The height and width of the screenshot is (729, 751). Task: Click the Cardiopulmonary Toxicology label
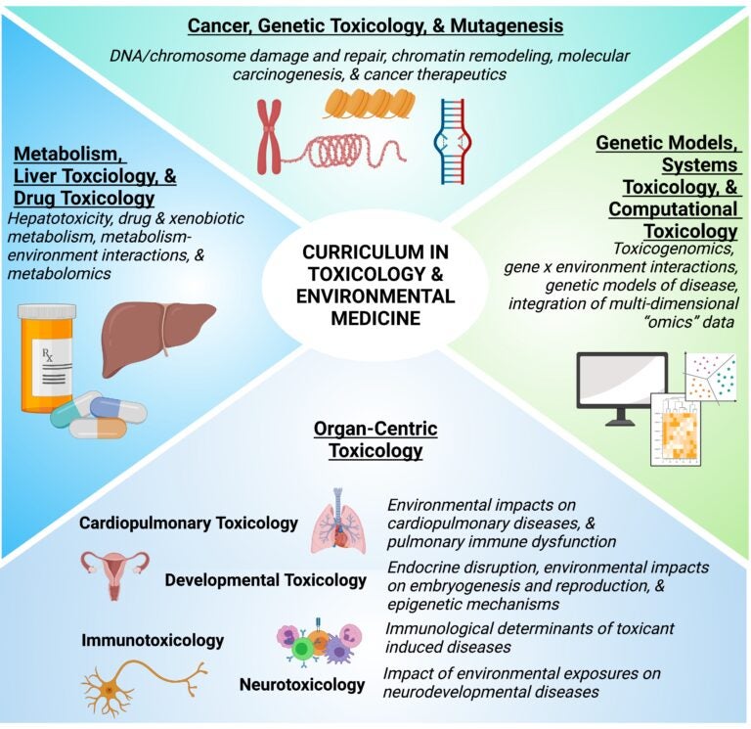[189, 524]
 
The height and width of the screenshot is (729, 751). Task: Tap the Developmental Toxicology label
[265, 580]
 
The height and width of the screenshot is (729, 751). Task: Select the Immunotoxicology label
[153, 641]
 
